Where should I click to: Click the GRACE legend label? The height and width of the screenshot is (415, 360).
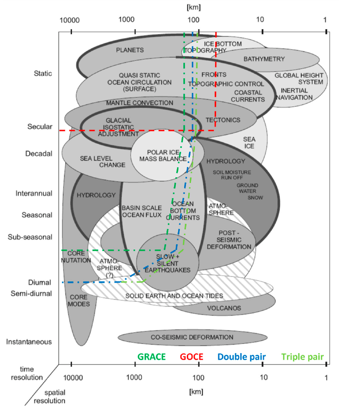(x=151, y=357)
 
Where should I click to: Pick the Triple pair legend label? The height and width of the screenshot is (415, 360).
(x=303, y=357)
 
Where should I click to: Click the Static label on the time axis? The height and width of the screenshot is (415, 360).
(x=43, y=73)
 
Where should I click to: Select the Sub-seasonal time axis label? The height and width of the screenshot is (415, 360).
(x=30, y=237)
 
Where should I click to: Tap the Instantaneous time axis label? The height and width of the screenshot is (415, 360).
(x=29, y=342)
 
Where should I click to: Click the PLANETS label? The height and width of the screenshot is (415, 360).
(x=130, y=50)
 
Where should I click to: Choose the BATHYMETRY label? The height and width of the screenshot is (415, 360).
(x=264, y=59)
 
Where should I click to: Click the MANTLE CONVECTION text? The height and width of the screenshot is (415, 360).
(x=139, y=103)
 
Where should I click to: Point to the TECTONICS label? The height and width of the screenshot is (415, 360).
(x=223, y=120)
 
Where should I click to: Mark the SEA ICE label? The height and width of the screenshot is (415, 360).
(x=249, y=142)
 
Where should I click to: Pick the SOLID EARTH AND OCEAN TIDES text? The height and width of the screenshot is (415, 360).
(x=174, y=296)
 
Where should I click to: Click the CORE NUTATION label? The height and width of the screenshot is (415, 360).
(x=72, y=257)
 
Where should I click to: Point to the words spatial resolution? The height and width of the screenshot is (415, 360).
(x=55, y=397)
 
